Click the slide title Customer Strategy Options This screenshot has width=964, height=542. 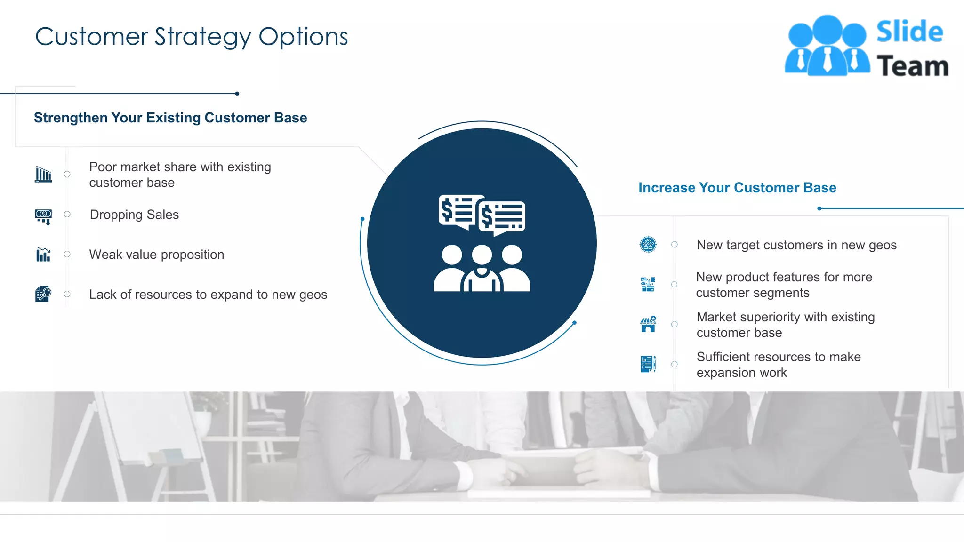191,37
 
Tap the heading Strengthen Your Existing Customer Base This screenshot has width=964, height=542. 170,118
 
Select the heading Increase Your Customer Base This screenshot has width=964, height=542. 737,188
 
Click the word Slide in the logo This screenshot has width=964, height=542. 909,32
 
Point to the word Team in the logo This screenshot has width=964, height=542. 912,66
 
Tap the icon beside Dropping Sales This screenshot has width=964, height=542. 43,216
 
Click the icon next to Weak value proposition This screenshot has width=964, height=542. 43,255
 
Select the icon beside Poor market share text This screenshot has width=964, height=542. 43,174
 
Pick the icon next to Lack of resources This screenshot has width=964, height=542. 43,294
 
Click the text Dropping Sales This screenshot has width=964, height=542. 134,215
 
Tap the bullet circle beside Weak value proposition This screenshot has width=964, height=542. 67,254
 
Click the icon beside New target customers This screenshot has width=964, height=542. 648,245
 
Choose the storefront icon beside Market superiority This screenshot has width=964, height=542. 648,324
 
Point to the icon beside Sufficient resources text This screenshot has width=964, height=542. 648,364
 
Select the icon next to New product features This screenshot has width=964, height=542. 648,284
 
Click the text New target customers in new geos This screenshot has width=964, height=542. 796,245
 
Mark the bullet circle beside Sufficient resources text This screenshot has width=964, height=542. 675,364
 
